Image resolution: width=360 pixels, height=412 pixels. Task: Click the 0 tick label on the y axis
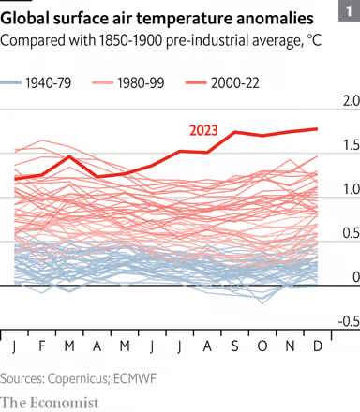tap(353, 277)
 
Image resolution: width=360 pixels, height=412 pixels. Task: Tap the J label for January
tap(15, 348)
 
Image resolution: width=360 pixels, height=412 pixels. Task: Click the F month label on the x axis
tap(41, 348)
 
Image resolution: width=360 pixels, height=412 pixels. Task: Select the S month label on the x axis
tap(233, 348)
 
